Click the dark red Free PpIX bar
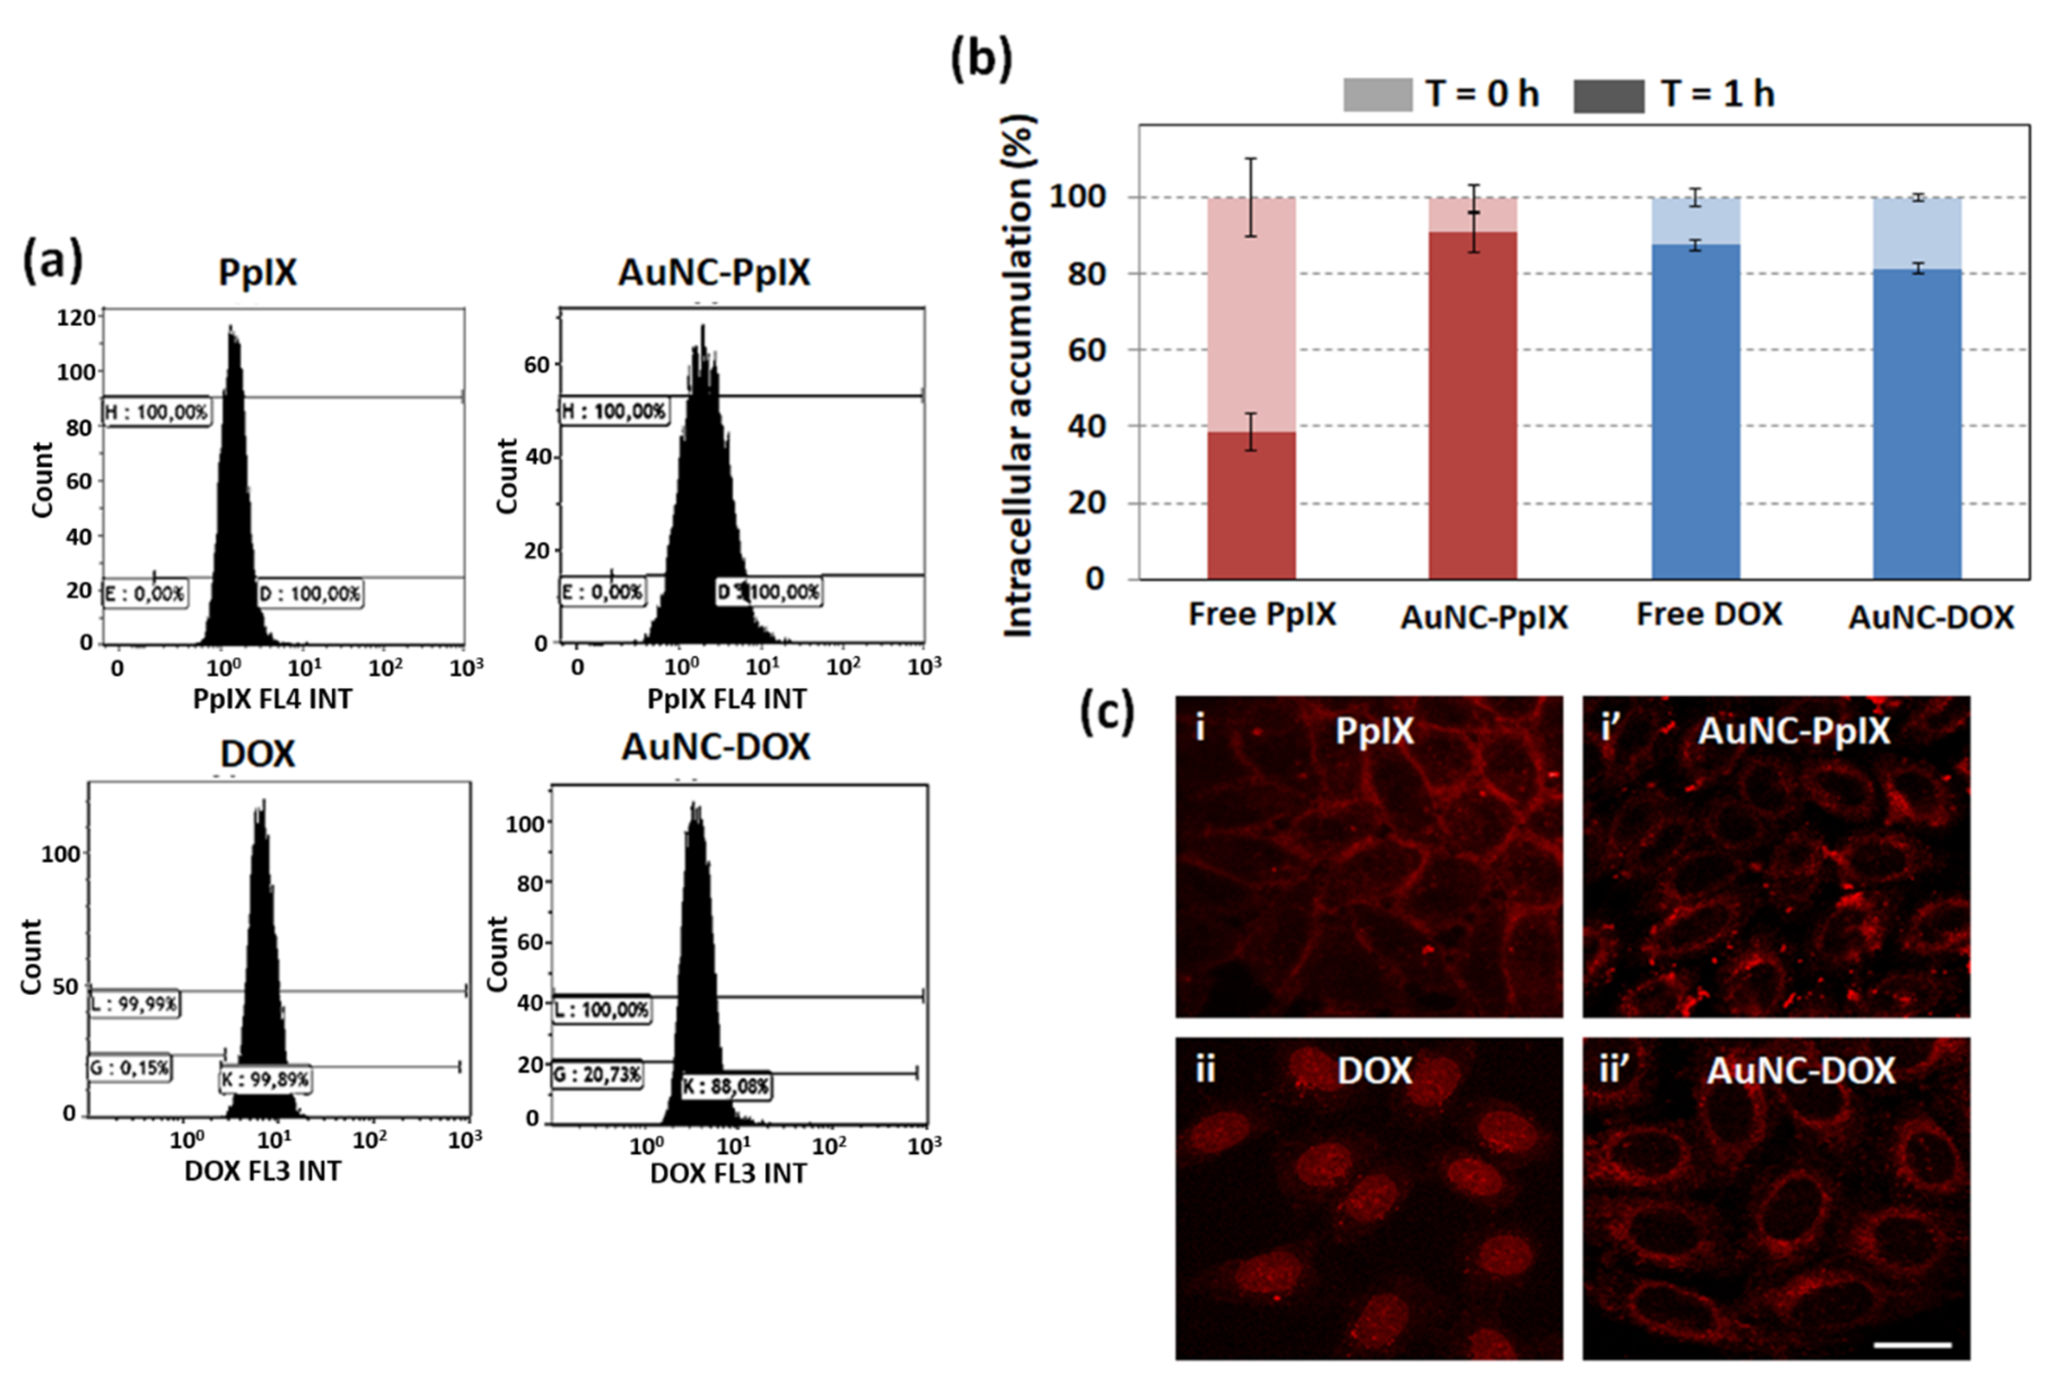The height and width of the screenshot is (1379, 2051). coord(1251,505)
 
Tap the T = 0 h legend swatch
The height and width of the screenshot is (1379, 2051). coord(1377,95)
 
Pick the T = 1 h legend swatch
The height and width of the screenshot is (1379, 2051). coord(1608,95)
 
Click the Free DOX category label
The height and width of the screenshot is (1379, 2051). coord(1709,614)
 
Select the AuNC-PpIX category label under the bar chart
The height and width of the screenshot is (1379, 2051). coord(1484,617)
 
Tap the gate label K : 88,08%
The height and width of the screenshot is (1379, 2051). coord(726,1087)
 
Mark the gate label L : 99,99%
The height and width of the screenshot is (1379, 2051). coord(134,1004)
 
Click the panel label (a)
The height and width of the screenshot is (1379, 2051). coord(52,261)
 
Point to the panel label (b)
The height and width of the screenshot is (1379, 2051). coord(981,60)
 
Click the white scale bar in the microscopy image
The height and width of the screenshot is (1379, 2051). coord(1912,1345)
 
